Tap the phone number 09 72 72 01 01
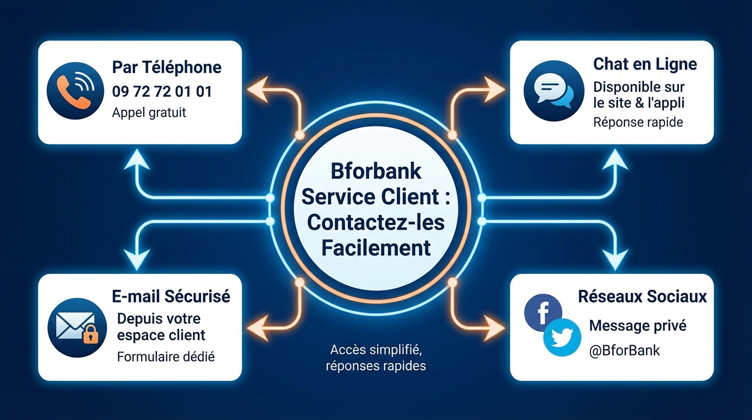tap(162, 91)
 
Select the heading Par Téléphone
tap(167, 67)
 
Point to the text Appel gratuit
tap(149, 113)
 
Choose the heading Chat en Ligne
tap(645, 64)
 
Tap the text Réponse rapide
tap(638, 122)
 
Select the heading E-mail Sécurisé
tap(171, 296)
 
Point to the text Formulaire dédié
tap(166, 357)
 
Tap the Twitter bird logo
tap(562, 337)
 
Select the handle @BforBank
tap(624, 350)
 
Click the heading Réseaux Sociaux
tap(642, 296)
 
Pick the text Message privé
tap(637, 326)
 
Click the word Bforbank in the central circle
tap(376, 171)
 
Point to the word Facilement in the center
tap(376, 248)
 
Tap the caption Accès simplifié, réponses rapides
tap(376, 358)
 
